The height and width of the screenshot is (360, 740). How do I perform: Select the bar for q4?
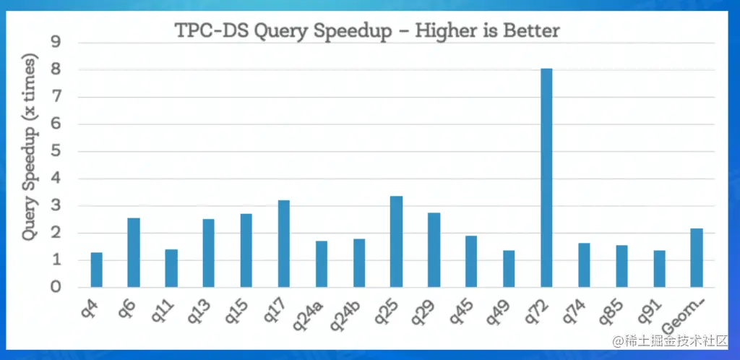(96, 270)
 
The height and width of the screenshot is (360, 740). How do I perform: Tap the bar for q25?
(396, 241)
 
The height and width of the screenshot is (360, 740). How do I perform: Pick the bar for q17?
(284, 244)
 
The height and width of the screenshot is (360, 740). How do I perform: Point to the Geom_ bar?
(697, 258)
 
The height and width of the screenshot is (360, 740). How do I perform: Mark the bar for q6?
(134, 252)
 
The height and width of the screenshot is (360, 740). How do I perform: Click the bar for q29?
(434, 250)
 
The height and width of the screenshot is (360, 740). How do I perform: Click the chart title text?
(368, 31)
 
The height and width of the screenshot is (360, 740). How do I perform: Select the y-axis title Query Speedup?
(29, 178)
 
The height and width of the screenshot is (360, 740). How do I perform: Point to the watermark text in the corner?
(669, 340)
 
